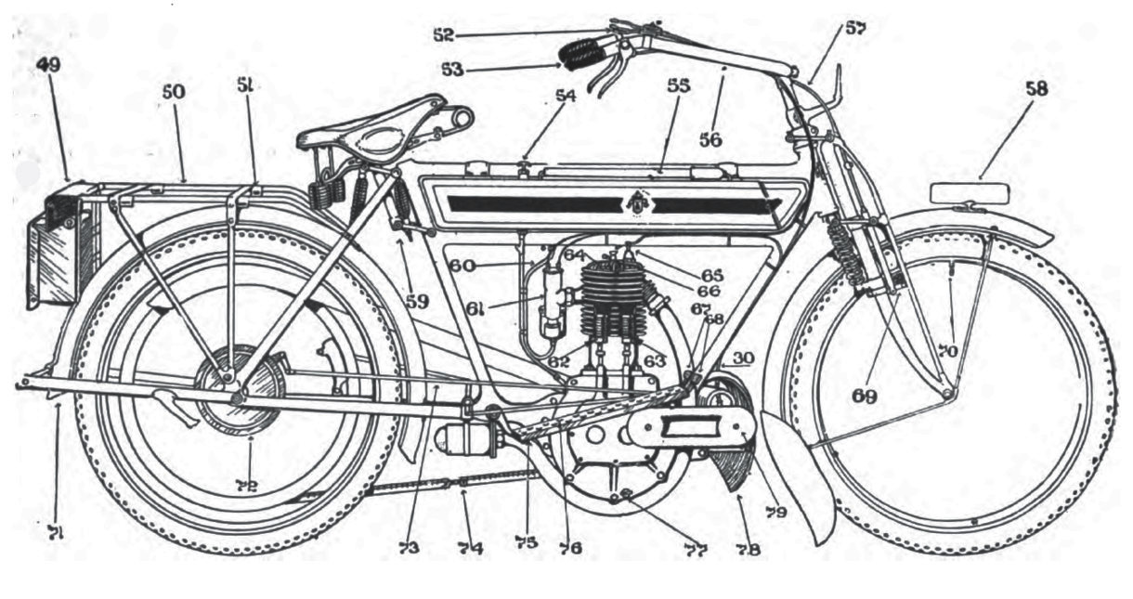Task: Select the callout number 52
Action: [x=443, y=34]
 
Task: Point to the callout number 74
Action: [x=469, y=548]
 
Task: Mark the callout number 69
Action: [x=866, y=394]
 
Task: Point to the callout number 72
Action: [x=247, y=484]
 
